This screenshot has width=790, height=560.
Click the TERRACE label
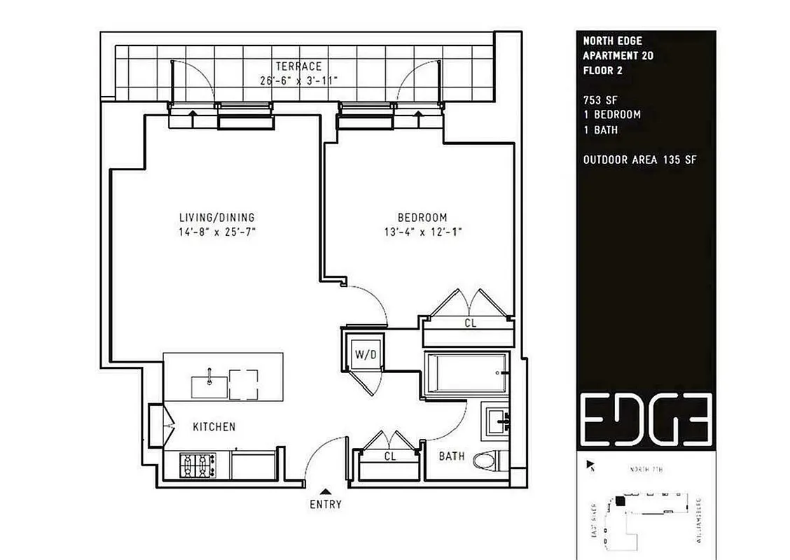[298, 66]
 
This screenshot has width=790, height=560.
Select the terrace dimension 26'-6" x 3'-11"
[298, 80]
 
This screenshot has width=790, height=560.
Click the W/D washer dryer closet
[365, 354]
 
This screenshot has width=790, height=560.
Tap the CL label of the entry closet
[390, 456]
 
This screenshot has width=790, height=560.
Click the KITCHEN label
[214, 426]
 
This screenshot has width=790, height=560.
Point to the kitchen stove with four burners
[198, 464]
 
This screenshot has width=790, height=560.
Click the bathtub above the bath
[466, 374]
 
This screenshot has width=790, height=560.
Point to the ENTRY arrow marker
[326, 491]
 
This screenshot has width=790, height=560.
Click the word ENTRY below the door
[326, 504]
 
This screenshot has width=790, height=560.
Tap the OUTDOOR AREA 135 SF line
[639, 160]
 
